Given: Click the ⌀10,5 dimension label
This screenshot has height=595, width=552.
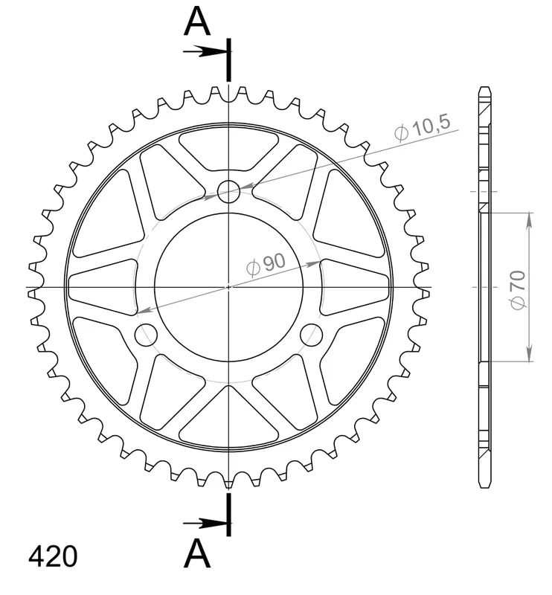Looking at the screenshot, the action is point(422,127).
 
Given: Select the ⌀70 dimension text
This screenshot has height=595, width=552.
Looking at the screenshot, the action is point(518,290).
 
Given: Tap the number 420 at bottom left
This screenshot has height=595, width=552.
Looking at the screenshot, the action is point(53,557).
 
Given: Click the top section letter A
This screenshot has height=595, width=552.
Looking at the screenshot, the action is point(197,22).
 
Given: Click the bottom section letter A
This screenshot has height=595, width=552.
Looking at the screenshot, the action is point(197,553).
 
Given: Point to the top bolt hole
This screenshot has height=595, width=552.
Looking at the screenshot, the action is point(229,191).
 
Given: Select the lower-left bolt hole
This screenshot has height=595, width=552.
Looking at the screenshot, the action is point(146,335).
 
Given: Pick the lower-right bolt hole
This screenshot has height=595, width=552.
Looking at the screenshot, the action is point(311,335).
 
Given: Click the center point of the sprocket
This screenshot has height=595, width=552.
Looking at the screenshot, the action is point(228,287).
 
